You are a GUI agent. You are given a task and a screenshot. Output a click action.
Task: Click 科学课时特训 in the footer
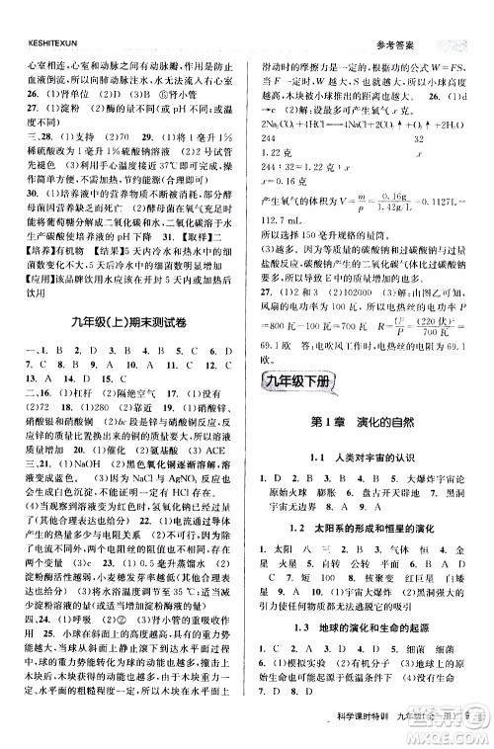(x=366, y=729)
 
